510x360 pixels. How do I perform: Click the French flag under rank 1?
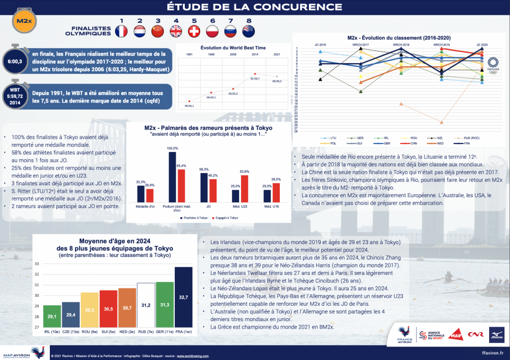point(121,32)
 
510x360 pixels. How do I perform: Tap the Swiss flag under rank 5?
point(194,32)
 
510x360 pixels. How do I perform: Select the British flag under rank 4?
point(176,32)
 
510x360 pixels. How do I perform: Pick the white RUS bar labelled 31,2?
point(146,305)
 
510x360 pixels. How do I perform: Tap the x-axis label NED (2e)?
point(127,332)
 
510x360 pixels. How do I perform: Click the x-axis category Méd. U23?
point(237,206)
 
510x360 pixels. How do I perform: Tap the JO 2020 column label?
point(482,45)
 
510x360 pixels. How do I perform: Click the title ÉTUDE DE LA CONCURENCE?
point(255,6)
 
